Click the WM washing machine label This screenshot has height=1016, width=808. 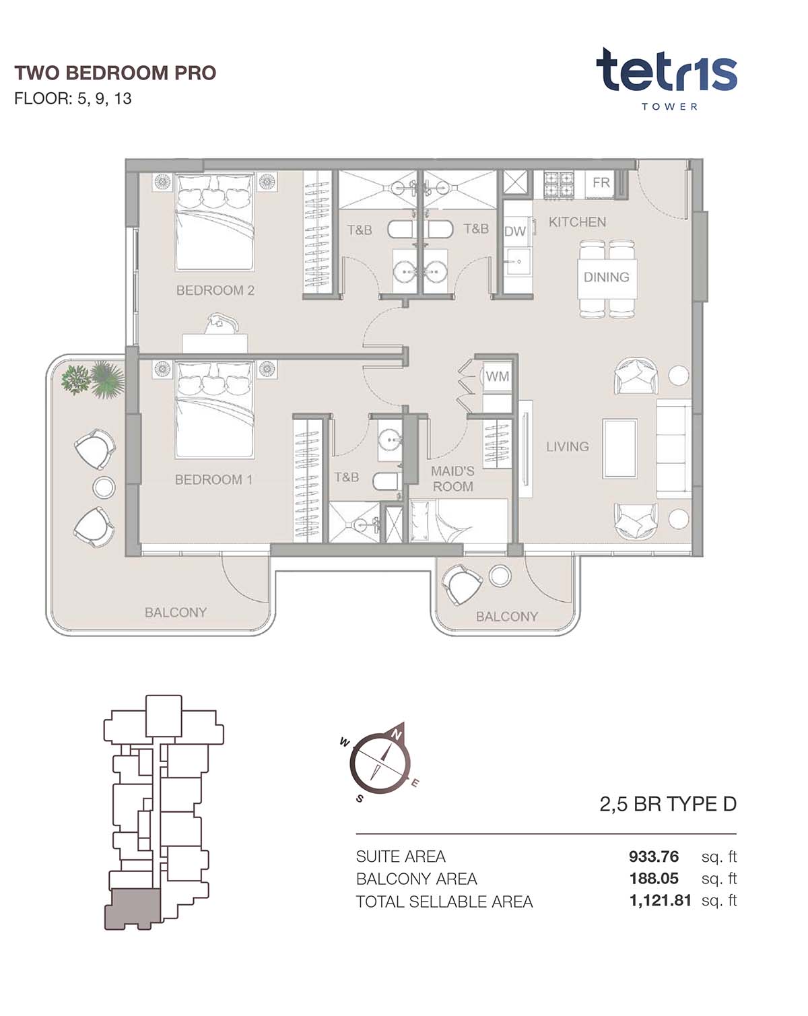498,376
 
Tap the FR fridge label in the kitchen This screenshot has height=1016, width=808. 601,182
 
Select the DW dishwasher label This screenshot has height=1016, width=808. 514,232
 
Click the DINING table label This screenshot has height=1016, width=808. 607,277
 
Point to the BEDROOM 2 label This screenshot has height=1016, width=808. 215,290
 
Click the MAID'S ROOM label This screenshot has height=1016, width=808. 452,479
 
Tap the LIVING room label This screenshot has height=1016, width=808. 568,446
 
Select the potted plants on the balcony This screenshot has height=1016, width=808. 92,378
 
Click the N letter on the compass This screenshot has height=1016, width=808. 396,735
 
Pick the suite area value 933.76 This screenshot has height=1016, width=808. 653,856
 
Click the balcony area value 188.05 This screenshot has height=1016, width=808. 654,878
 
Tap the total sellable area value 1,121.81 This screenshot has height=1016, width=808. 660,900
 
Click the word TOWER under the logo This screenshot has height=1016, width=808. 669,106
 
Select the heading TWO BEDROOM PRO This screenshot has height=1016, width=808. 115,73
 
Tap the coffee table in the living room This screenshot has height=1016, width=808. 619,448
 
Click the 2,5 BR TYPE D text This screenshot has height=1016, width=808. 668,804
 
